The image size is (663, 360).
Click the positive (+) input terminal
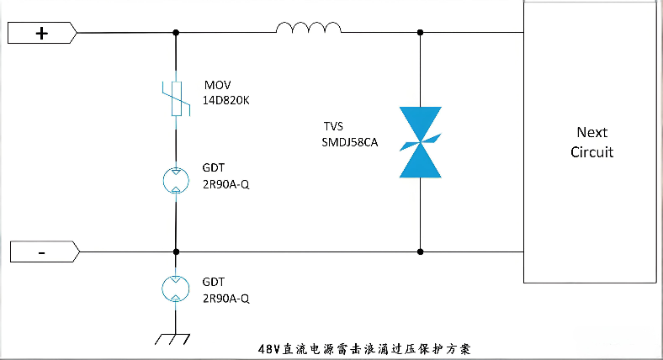pos(42,33)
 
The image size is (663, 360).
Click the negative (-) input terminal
pos(42,251)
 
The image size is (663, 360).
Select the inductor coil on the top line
pos(309,29)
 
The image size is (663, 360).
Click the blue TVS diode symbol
pos(420,141)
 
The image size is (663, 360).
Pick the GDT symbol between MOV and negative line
pos(175,178)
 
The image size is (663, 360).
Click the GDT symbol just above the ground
pos(175,289)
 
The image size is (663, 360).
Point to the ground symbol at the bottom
pos(175,339)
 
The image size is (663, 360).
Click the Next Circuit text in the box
pos(591,142)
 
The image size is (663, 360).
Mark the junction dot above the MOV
pos(175,33)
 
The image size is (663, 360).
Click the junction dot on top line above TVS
pos(420,33)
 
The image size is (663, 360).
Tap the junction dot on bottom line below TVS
pos(420,251)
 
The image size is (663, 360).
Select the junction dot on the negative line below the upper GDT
pos(175,251)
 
